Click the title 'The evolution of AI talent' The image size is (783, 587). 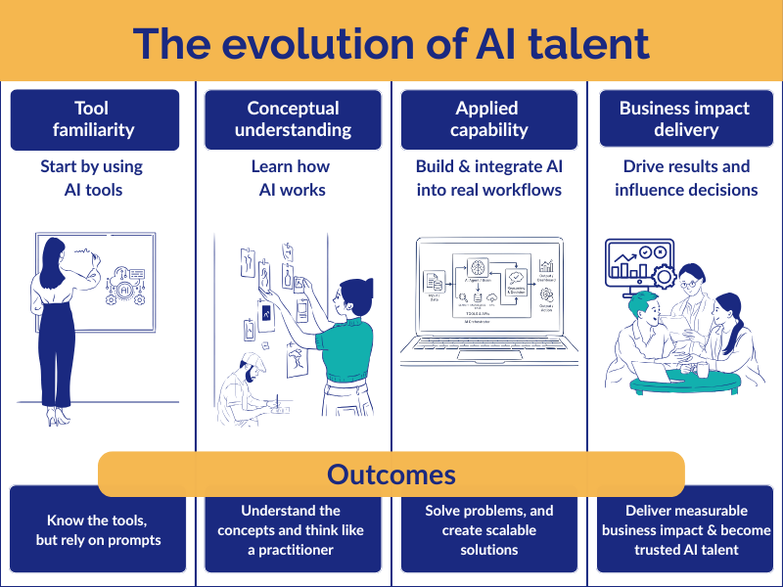click(391, 43)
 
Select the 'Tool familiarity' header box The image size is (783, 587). click(95, 119)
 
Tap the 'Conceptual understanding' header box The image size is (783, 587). click(293, 119)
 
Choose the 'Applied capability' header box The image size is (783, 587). click(486, 119)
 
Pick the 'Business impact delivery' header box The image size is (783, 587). click(684, 119)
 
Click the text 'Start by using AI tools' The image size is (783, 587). click(91, 177)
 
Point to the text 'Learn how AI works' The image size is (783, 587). click(291, 177)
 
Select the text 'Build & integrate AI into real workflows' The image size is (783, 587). click(488, 177)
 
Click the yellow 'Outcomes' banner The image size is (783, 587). click(391, 474)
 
